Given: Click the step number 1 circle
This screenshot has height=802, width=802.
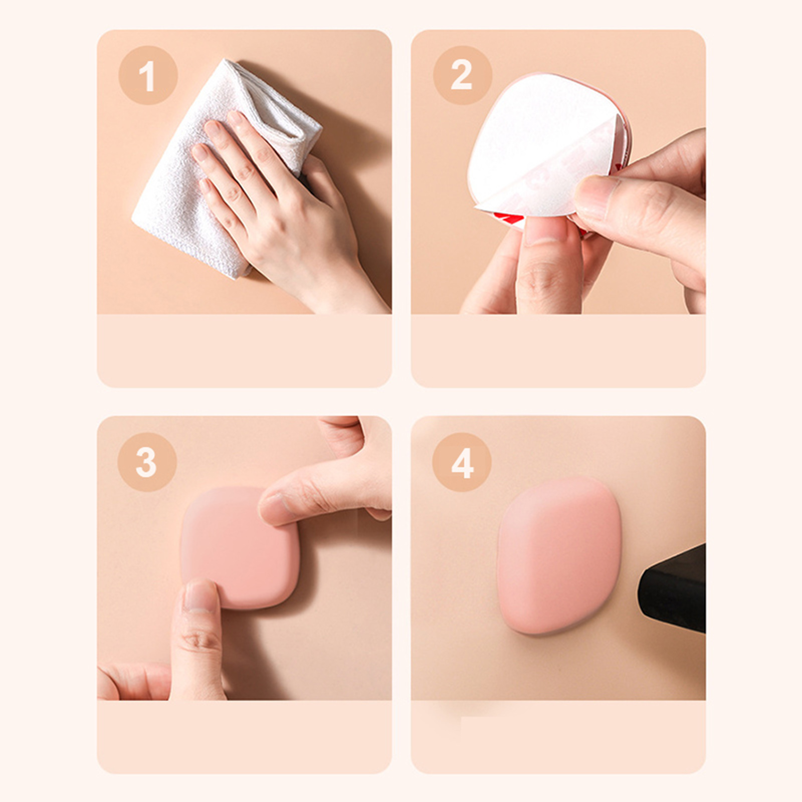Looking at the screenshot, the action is point(148,75).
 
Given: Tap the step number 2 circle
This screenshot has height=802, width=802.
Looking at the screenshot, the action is point(462,75).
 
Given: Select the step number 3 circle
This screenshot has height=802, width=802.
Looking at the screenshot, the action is point(147,462).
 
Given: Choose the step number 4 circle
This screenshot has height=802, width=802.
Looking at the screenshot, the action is point(462,462).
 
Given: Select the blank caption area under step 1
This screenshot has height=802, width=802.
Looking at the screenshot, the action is point(244,350).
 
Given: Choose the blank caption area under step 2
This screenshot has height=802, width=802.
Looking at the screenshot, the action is point(558,350).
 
